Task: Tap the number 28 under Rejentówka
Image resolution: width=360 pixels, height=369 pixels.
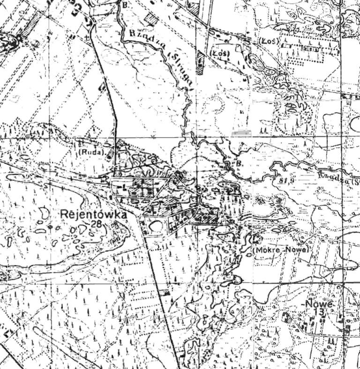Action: point(97,223)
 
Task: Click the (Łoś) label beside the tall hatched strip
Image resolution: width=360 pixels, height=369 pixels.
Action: point(221,52)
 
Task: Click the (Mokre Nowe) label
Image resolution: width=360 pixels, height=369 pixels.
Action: point(281,250)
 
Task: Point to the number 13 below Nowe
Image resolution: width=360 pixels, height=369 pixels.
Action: point(321,312)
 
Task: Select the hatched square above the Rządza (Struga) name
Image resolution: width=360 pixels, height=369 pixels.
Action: point(150,19)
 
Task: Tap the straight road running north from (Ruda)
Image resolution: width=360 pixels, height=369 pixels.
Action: point(111,94)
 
